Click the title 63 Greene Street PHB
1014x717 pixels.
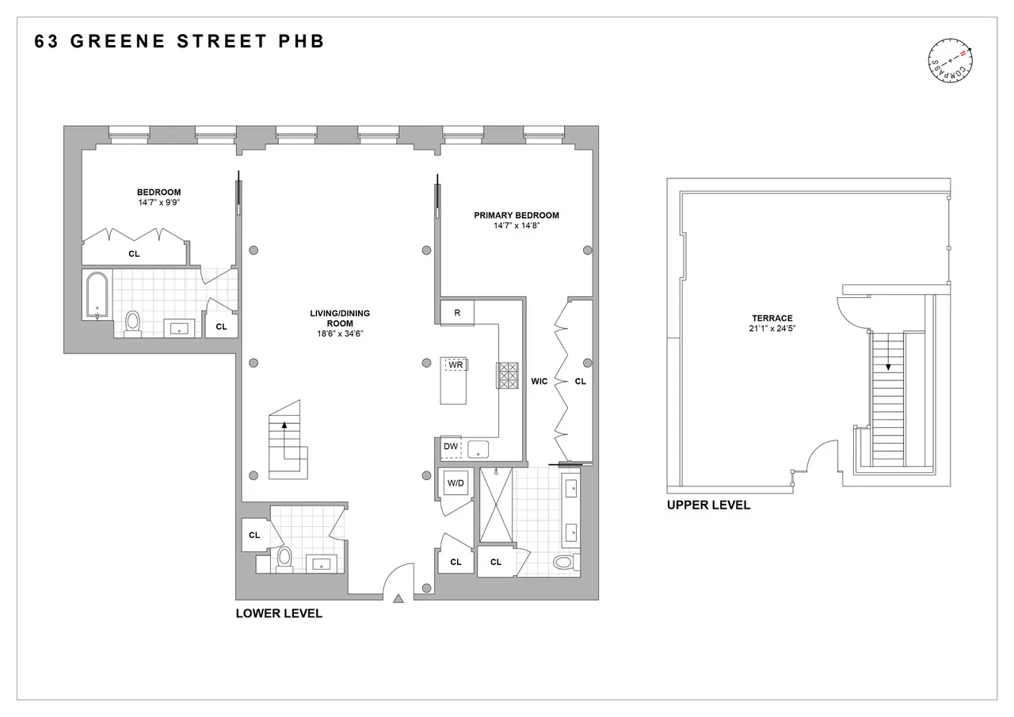pyautogui.click(x=180, y=42)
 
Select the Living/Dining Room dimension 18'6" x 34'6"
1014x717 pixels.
pyautogui.click(x=340, y=334)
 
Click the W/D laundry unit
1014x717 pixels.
pyautogui.click(x=456, y=483)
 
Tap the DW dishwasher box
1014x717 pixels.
pyautogui.click(x=451, y=447)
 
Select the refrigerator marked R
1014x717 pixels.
pyautogui.click(x=457, y=313)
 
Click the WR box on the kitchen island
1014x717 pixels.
pyautogui.click(x=455, y=364)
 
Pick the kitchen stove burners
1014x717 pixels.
pyautogui.click(x=507, y=376)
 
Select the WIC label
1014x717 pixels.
pyautogui.click(x=539, y=381)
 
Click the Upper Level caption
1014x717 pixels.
pyautogui.click(x=708, y=505)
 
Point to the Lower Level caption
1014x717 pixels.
pyautogui.click(x=279, y=613)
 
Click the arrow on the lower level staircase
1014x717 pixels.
pyautogui.click(x=284, y=428)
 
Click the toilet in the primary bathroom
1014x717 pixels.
pyautogui.click(x=563, y=563)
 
